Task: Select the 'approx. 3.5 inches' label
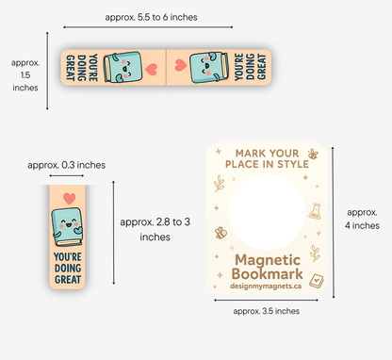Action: [x=267, y=310]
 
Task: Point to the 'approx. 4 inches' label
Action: [x=362, y=218]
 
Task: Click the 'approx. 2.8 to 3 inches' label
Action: [x=156, y=229]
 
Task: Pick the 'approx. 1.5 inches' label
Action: [x=26, y=74]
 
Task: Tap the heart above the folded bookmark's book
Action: [x=69, y=197]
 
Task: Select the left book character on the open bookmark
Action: [x=120, y=68]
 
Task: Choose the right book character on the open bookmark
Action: [x=205, y=68]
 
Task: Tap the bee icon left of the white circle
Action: [x=220, y=231]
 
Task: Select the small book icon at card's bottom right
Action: [x=317, y=279]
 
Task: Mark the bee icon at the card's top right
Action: [x=312, y=153]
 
